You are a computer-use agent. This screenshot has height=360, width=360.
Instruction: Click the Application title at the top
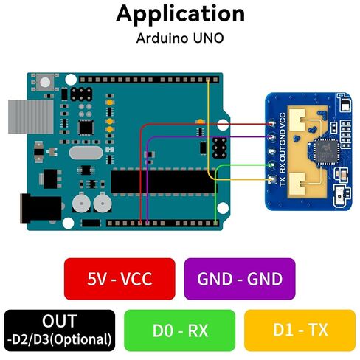pyautogui.click(x=180, y=14)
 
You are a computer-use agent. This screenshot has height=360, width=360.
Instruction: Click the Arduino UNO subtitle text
pyautogui.click(x=180, y=38)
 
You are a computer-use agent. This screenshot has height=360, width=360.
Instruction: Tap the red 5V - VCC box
pyautogui.click(x=120, y=279)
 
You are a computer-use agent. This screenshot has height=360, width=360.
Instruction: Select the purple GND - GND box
pyautogui.click(x=240, y=279)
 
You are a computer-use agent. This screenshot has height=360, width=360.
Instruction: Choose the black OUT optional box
pyautogui.click(x=60, y=330)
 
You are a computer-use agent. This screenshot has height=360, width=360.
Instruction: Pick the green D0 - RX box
pyautogui.click(x=180, y=330)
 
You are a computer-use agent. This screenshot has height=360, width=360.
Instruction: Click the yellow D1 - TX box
pyautogui.click(x=300, y=330)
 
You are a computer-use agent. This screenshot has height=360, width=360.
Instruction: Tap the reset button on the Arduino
pyautogui.click(x=45, y=82)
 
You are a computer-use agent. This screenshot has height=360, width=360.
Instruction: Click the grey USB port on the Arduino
pyautogui.click(x=31, y=117)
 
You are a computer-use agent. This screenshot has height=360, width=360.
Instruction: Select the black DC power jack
pyautogui.click(x=41, y=208)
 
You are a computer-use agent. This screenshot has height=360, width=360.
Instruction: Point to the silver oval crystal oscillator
pyautogui.click(x=86, y=153)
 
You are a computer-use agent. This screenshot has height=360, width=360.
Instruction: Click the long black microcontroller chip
pyautogui.click(x=164, y=182)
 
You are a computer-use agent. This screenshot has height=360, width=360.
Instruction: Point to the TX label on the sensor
pyautogui.click(x=283, y=181)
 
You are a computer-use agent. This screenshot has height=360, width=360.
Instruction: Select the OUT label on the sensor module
pyautogui.click(x=283, y=153)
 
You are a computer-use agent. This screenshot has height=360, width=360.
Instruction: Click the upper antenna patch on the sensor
pyautogui.click(x=297, y=120)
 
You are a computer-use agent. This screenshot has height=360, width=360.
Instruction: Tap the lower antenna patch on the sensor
pyautogui.click(x=297, y=183)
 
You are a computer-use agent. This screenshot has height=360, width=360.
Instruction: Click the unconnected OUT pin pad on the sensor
pyautogui.click(x=271, y=151)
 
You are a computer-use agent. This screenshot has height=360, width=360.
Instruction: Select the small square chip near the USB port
pyautogui.click(x=86, y=128)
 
